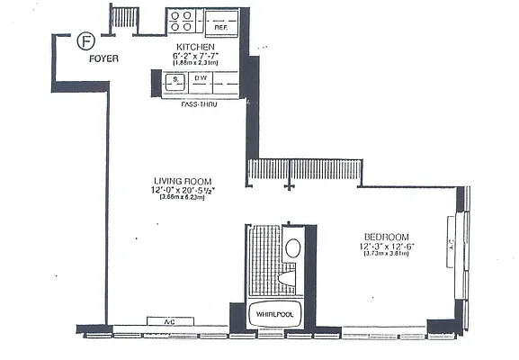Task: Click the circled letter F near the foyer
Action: click(x=86, y=40)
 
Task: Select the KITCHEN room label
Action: click(x=194, y=46)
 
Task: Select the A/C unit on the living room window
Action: click(x=168, y=321)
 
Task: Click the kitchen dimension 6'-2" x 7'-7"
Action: click(x=195, y=55)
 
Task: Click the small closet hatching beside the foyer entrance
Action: click(x=125, y=18)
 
